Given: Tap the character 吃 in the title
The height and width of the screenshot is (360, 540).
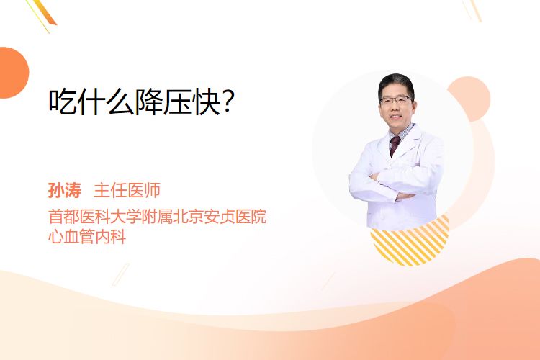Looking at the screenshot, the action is coord(62,102).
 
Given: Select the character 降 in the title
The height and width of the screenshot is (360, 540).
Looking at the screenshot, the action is coord(148,102).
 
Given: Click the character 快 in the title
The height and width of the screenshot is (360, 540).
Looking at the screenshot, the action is coord(207,102).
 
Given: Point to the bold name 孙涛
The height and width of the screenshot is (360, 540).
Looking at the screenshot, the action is coord(64,190).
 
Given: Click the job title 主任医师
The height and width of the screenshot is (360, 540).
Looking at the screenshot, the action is coord(127,190).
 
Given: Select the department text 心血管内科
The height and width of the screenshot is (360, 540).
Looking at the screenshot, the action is coord(87,237).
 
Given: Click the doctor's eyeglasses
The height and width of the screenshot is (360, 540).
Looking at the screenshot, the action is coord(396,100).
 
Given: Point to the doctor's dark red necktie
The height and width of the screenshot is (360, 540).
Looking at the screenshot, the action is coord(394,145).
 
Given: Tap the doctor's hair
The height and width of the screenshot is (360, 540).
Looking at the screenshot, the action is coord(396,84).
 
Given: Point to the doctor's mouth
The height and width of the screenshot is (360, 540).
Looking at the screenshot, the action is coord(396,117).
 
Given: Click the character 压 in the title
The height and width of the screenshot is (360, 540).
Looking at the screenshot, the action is coord(177,102).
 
